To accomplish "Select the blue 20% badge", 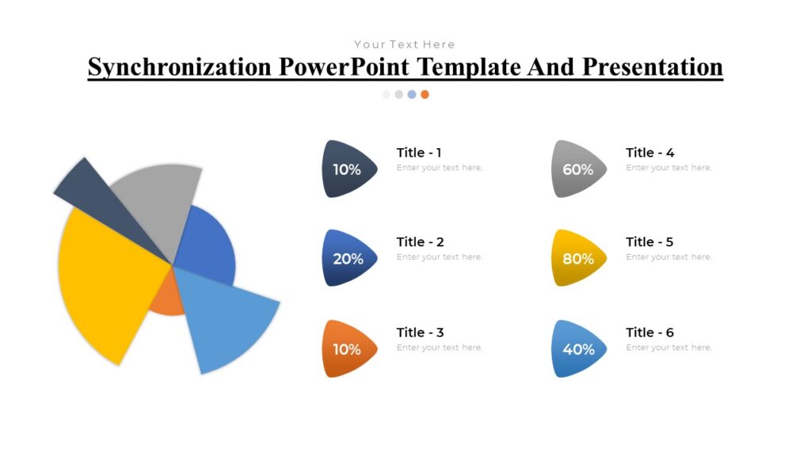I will point(348,258).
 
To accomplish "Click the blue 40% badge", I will point(578,349).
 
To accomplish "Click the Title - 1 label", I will point(419,153).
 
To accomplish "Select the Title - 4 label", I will point(649,153).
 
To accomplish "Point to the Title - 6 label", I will point(649,332).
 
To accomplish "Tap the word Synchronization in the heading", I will point(180,67).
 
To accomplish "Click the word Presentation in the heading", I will point(653,67).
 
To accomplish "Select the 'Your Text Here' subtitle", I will point(405,44).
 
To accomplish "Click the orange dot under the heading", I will point(425,94).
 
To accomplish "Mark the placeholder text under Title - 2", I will point(440,257).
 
